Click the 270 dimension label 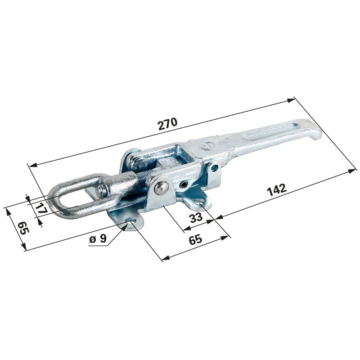click(167, 124)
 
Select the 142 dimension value click(277, 189)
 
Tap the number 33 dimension click(196, 217)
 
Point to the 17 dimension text click(41, 208)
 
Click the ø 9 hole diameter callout click(98, 239)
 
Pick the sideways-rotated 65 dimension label click(23, 228)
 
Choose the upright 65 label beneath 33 click(196, 239)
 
